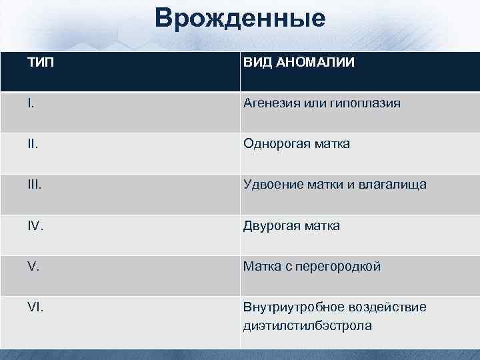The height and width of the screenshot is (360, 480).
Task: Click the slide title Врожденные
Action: [x=240, y=18]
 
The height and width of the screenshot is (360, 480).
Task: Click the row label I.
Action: [x=30, y=103]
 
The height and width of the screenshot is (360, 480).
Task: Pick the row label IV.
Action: [x=35, y=226]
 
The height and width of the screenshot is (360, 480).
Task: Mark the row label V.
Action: [x=33, y=267]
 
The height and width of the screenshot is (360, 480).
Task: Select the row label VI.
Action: [x=35, y=307]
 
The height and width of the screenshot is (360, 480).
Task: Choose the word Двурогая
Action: [x=271, y=226]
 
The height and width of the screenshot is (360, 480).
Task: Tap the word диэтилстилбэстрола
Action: [x=307, y=326]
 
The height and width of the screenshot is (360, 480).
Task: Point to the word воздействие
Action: [x=387, y=307]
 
